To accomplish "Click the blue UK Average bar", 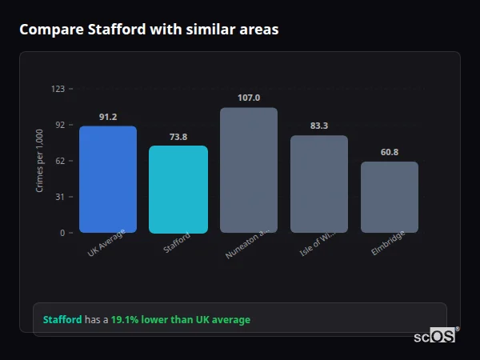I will (108, 179).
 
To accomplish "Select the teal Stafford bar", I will (178, 190).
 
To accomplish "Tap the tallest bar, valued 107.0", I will (249, 170).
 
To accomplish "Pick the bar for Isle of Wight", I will (319, 184).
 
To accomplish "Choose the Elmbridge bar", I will (390, 197).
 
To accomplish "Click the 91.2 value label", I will (108, 117).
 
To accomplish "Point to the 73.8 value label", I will (178, 137).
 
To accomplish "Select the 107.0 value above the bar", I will (249, 98).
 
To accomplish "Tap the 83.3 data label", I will (319, 126).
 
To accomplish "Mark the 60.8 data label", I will (390, 152).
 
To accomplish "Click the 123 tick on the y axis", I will (58, 89).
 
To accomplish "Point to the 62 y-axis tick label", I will (60, 161).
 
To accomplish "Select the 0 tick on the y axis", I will (62, 233).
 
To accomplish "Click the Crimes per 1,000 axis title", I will (40, 161).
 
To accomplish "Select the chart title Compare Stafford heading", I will (149, 30).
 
